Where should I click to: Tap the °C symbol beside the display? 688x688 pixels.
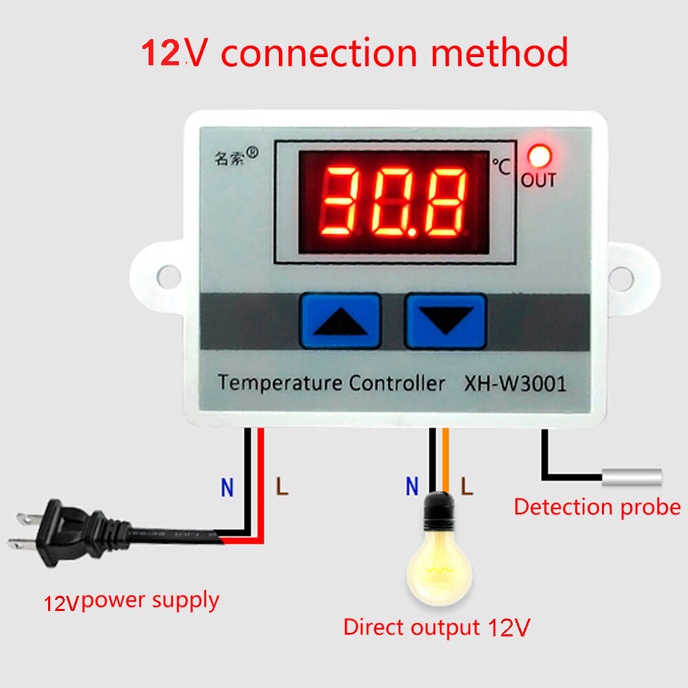click(x=502, y=166)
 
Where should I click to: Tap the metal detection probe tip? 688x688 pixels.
click(x=632, y=477)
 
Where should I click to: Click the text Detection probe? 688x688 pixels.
click(x=597, y=507)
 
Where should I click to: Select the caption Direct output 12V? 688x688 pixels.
click(x=436, y=627)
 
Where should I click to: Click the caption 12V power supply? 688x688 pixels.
click(x=131, y=601)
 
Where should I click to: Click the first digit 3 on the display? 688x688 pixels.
click(x=342, y=200)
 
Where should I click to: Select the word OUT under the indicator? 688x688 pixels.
click(x=538, y=181)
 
